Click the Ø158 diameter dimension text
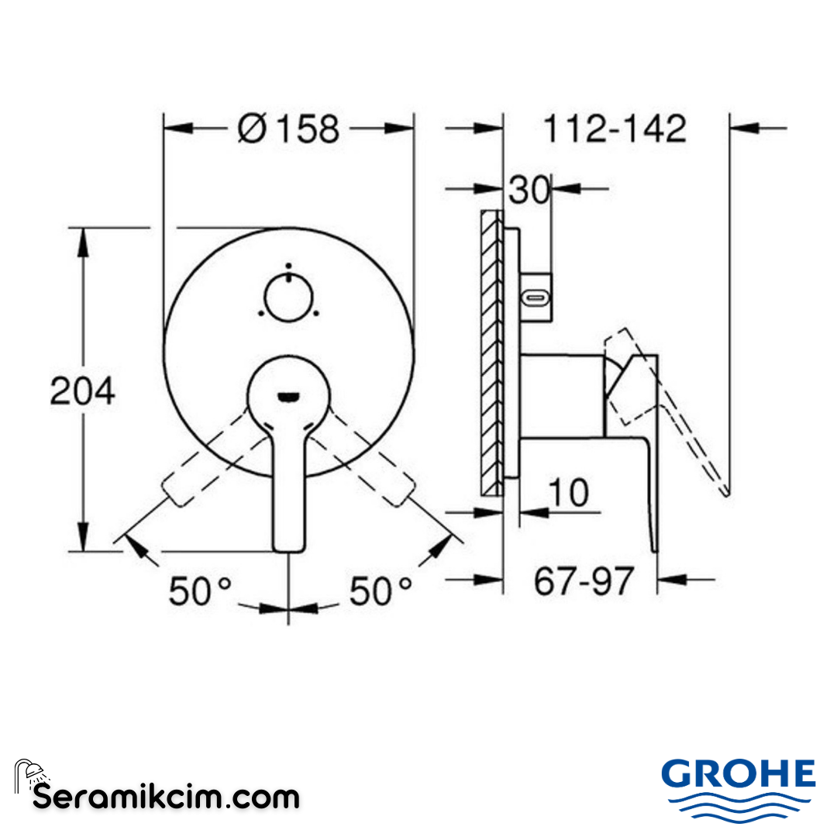(289, 129)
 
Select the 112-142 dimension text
(615, 129)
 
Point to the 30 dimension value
(529, 190)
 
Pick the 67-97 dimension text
(584, 580)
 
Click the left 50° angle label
(201, 593)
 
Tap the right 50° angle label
(381, 593)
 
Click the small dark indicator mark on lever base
(288, 398)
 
